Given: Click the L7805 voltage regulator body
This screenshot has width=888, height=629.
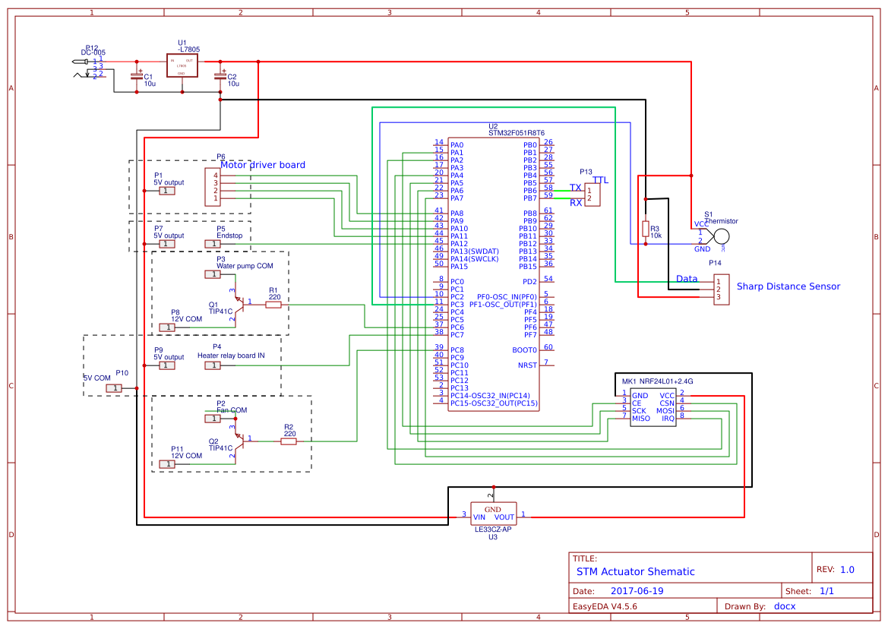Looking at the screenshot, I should coord(182,66).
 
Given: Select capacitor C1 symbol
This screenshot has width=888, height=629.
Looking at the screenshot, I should coord(137,76).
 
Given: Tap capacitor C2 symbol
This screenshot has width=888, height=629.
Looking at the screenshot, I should coord(220,76).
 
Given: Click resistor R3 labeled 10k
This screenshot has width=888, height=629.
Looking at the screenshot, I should coord(646,229).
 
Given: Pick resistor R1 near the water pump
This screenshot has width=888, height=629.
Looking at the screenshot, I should coord(273,305).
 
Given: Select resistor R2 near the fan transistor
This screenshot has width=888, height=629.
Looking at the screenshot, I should coord(289,441).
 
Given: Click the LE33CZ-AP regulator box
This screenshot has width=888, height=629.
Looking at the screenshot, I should coord(493,513).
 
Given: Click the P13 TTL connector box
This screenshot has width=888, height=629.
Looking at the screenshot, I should coord(593,194).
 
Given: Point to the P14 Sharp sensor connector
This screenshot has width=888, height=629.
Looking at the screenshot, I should coord(721,289).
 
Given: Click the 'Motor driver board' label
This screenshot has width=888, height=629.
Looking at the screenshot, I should coord(263,165).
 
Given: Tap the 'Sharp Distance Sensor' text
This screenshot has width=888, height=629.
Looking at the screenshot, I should coord(788,286).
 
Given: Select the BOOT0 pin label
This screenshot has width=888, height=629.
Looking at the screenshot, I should coord(525,349).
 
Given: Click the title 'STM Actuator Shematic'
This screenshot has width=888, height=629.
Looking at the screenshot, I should coord(635,571).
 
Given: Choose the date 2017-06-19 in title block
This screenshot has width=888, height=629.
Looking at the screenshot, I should coord(637,591).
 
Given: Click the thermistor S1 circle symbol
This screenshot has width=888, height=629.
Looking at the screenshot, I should coord(720,237).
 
